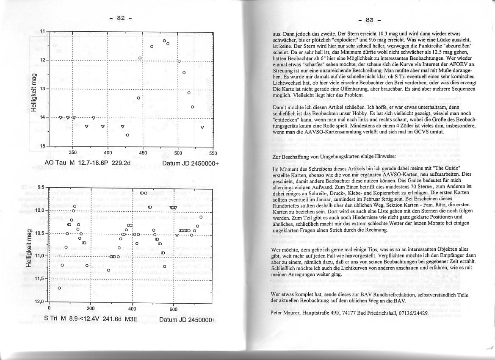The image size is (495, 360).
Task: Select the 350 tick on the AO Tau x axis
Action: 73,153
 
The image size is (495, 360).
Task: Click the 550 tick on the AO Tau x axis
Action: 213,153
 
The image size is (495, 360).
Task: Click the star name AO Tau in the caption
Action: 55,163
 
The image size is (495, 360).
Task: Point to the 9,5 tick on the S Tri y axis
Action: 41,187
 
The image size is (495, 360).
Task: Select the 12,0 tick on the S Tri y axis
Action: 40,302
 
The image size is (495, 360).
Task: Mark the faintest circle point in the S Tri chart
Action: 59,288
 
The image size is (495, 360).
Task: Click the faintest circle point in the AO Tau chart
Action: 127,135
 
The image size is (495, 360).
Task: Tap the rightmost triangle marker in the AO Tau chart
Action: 202,127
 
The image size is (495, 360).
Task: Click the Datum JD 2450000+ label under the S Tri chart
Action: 187,319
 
